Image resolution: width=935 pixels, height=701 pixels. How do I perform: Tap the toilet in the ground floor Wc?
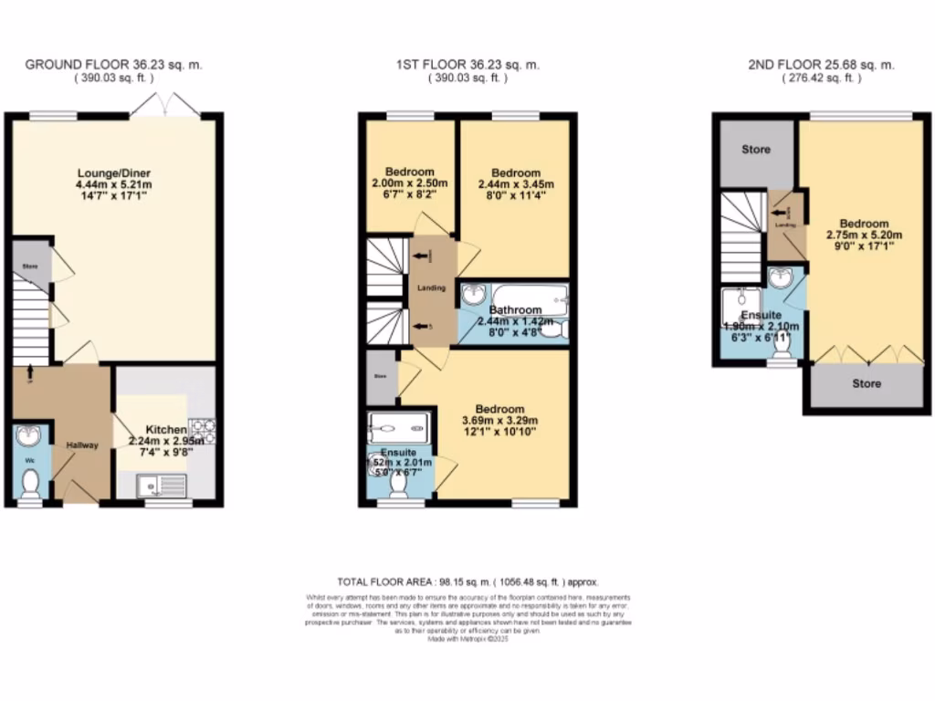point(30,481)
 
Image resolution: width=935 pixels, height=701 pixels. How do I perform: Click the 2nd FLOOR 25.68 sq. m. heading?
point(821,65)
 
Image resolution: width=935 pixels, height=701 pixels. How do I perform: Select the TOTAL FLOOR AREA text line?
point(467,581)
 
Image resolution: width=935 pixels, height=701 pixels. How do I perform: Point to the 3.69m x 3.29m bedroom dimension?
point(499,422)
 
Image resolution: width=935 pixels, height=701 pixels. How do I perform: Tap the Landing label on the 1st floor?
point(431,288)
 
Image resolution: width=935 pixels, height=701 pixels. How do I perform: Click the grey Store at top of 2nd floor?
point(755,150)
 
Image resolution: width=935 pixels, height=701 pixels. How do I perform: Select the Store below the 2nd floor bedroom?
point(867,383)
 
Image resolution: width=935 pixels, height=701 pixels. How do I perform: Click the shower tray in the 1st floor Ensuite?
point(398,426)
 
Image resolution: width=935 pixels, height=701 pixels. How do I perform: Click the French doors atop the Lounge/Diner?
point(164,107)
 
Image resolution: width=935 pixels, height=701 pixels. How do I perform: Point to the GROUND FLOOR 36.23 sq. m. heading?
point(113,65)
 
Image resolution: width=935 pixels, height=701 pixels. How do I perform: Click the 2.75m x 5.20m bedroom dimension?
point(864,235)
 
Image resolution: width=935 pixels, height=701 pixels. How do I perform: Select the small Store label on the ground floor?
point(29,266)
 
